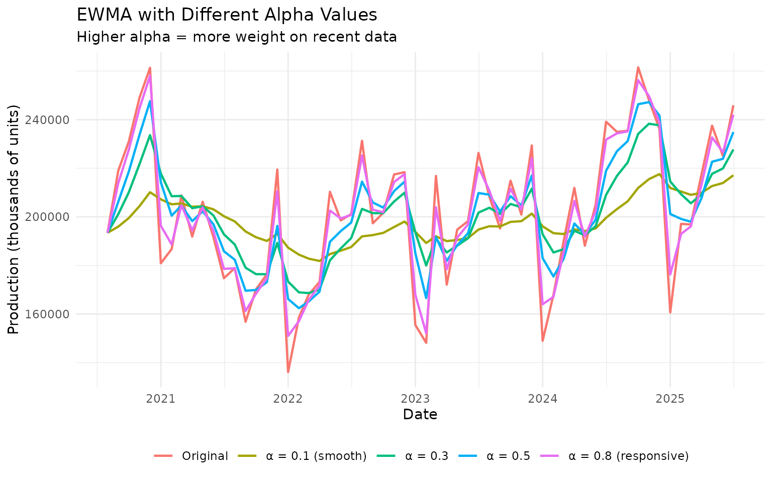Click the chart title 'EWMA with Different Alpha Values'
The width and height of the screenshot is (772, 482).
pos(227,15)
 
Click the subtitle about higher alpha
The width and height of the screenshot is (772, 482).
pos(237,37)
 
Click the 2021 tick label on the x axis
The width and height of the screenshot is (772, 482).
pos(160,399)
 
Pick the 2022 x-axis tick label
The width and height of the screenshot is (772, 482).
pos(288,399)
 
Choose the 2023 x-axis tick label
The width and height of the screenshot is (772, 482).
pos(415,399)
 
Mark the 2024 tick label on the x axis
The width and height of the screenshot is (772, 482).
pos(543,399)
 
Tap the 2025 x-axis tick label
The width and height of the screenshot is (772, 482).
pos(670,399)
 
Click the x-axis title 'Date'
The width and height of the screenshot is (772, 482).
pos(420,415)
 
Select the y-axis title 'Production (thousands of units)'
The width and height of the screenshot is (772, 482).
pos(14,219)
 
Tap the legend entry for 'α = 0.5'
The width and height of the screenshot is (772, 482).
pos(509,456)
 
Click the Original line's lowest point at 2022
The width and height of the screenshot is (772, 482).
pos(288,372)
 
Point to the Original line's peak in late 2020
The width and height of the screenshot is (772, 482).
pos(150,68)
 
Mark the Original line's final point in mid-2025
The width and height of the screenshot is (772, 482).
pos(733,106)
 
